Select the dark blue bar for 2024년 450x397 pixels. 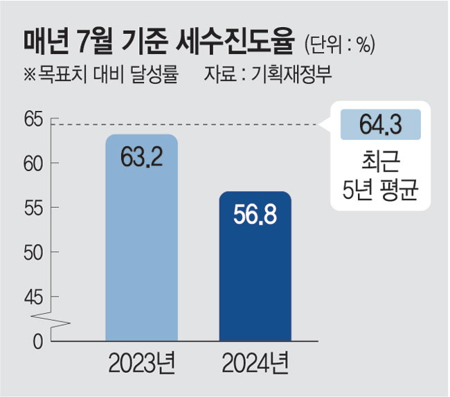[x=255, y=277]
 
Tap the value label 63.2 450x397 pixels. [x=142, y=158]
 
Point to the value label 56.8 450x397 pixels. [x=255, y=214]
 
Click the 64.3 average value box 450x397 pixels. [x=381, y=125]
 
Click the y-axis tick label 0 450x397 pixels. [x=37, y=341]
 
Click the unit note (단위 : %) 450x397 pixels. [x=339, y=44]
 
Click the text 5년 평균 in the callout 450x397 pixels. [x=381, y=188]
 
